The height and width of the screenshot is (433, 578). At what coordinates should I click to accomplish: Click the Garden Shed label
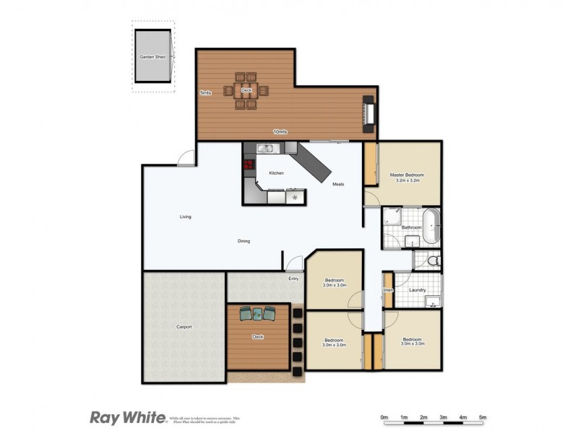152,56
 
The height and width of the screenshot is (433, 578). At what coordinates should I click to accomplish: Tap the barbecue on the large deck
368,114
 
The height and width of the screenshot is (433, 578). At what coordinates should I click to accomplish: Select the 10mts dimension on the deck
280,131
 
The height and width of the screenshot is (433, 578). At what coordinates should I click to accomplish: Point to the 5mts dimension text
205,92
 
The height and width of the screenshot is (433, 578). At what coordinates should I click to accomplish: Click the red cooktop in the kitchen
249,165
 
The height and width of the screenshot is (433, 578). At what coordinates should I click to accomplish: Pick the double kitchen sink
265,149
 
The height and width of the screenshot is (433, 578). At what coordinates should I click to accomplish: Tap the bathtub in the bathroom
431,227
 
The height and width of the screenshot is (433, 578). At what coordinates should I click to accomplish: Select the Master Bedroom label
406,175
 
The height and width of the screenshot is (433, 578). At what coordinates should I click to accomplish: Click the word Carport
184,327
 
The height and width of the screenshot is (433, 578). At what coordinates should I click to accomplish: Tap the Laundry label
417,290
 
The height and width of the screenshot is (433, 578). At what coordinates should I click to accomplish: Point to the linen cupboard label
388,290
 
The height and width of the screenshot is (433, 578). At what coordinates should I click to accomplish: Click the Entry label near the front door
293,279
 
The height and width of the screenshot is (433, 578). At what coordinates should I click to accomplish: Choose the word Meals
338,184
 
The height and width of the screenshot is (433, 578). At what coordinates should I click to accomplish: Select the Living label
186,216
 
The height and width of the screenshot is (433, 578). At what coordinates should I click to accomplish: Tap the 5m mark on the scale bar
482,417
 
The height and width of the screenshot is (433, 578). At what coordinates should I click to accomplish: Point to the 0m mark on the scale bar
384,417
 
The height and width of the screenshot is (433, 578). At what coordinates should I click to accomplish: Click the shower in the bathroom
392,214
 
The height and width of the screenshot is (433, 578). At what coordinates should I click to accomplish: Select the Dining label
243,240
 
